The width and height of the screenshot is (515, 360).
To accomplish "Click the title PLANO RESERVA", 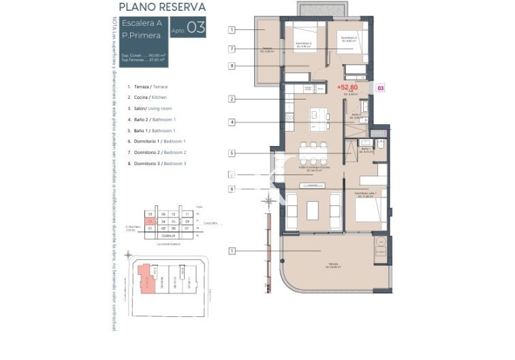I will click(x=162, y=7).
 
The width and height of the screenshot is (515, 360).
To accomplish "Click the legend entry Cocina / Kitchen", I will click(x=147, y=97).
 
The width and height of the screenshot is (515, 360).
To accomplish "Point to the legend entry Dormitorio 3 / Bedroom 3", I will click(x=157, y=164).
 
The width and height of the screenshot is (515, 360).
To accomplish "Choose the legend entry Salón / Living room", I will click(x=150, y=108).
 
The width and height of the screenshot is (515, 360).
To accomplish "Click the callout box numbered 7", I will click(x=232, y=49).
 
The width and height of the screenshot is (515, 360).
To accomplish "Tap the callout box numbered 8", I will click(x=232, y=66).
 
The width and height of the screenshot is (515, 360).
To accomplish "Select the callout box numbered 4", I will click(x=232, y=123).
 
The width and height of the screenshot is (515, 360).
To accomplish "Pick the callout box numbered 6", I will click(x=232, y=189).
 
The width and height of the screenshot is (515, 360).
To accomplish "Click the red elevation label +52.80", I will click(x=347, y=87).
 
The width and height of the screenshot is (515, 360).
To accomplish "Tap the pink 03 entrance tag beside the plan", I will click(x=381, y=88).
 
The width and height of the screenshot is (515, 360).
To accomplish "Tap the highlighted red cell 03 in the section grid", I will click(x=149, y=222).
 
